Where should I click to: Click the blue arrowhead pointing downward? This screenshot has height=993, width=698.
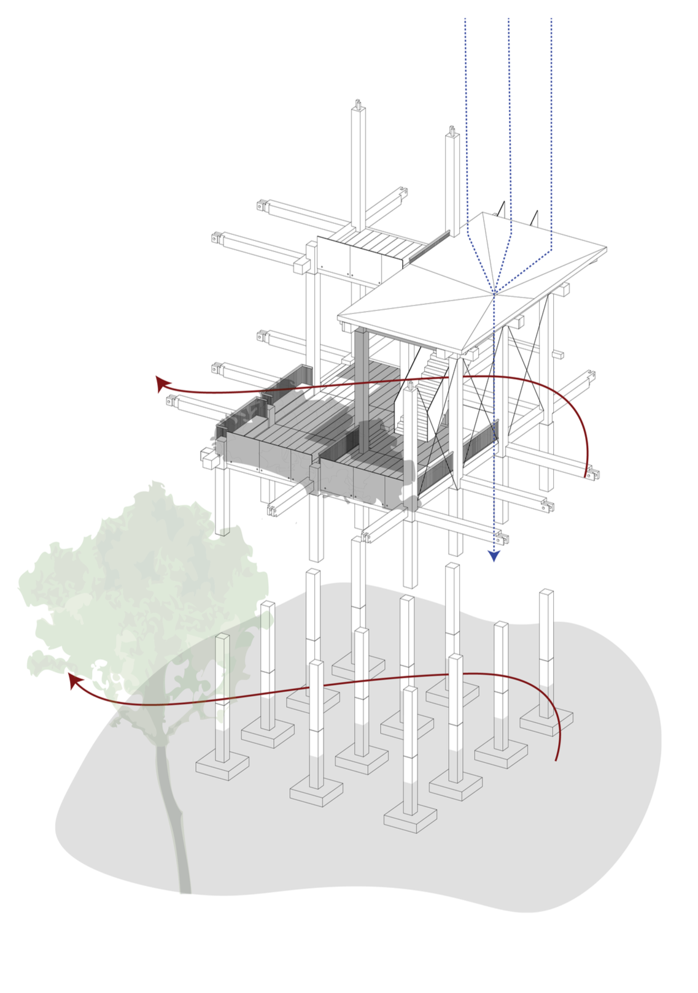pyautogui.click(x=494, y=556)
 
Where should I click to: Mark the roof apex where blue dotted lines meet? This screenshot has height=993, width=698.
pyautogui.click(x=494, y=293)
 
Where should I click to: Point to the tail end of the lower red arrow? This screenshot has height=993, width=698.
pyautogui.click(x=556, y=760)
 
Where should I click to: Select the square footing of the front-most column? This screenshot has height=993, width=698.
pyautogui.click(x=410, y=819)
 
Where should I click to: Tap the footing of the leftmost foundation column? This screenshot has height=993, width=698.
pyautogui.click(x=222, y=767)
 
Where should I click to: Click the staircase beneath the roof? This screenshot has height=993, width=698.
pyautogui.click(x=430, y=393)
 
